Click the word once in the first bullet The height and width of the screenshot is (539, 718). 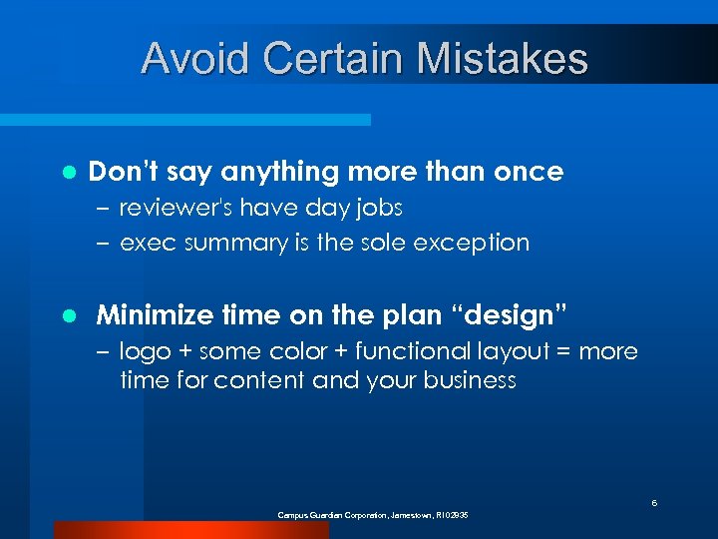coord(529,173)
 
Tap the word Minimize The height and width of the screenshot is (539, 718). coord(155,316)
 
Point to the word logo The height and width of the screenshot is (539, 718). coord(145,352)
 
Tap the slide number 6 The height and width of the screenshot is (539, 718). coord(654,503)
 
